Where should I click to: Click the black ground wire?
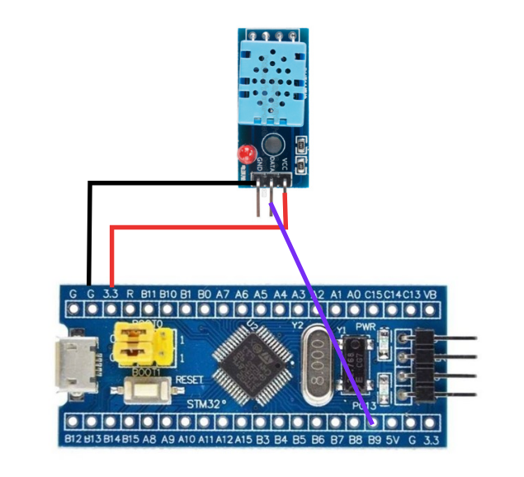(88, 231)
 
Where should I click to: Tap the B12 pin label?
(73, 441)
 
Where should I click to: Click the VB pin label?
(429, 294)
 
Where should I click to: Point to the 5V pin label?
(393, 441)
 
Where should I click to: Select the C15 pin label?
(374, 294)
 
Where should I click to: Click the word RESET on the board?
(188, 380)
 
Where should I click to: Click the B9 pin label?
(375, 441)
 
